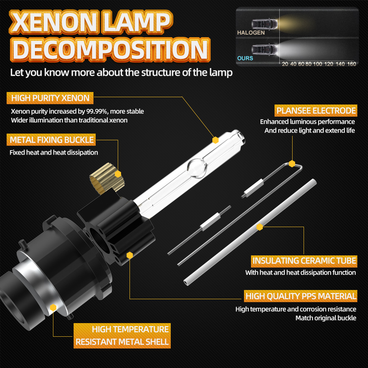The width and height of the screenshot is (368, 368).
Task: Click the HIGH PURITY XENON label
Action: click(x=50, y=98)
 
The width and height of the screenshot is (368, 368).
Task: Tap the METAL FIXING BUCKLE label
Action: click(x=52, y=140)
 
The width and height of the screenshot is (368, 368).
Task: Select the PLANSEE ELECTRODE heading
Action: click(x=316, y=111)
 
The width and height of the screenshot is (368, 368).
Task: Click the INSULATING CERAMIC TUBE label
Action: click(x=304, y=261)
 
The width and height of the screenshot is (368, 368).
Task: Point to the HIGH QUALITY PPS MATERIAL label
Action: click(x=301, y=296)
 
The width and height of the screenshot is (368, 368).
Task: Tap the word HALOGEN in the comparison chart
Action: click(x=251, y=33)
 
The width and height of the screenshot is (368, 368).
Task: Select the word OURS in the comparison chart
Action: click(x=245, y=58)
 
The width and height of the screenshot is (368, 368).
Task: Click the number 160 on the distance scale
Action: click(x=351, y=64)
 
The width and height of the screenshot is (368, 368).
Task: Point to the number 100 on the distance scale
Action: click(x=318, y=64)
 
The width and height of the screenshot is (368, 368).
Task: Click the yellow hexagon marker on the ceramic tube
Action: click(x=260, y=227)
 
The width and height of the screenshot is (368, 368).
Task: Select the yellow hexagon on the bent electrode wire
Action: click(x=292, y=164)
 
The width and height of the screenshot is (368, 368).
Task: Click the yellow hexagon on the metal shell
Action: click(x=53, y=307)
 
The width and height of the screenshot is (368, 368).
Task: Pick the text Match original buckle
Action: click(x=326, y=318)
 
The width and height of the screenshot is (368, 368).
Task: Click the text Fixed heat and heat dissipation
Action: click(x=54, y=152)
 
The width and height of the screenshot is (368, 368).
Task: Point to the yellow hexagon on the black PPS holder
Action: click(x=130, y=255)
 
